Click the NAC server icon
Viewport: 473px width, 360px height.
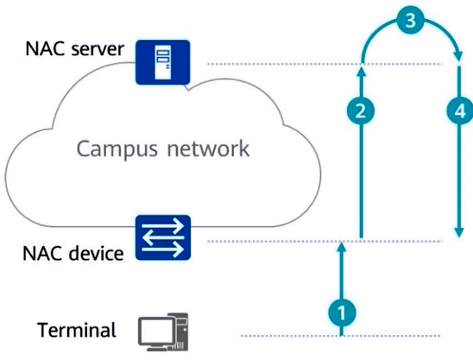click(163, 62)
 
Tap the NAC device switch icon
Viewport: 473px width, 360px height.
click(163, 237)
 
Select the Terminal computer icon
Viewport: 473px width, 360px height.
click(163, 332)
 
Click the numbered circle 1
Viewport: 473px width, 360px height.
click(342, 313)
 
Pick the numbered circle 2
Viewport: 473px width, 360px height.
click(361, 111)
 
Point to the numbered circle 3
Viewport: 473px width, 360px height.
click(411, 21)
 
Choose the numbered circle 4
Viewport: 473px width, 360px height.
click(459, 111)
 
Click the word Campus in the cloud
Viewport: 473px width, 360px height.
click(117, 149)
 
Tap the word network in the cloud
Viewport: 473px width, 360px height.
click(208, 148)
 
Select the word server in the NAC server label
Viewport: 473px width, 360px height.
click(98, 49)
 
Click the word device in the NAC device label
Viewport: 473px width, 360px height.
click(96, 253)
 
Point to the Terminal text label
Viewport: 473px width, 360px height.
click(77, 330)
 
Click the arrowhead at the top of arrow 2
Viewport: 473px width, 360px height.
click(362, 73)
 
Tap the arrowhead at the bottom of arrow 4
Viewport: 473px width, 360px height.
click(459, 232)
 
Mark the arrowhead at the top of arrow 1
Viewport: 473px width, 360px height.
click(342, 248)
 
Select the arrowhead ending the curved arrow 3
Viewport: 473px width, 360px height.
click(458, 56)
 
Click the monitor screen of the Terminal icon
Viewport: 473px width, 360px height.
click(156, 332)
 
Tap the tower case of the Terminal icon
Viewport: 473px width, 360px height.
click(181, 331)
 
